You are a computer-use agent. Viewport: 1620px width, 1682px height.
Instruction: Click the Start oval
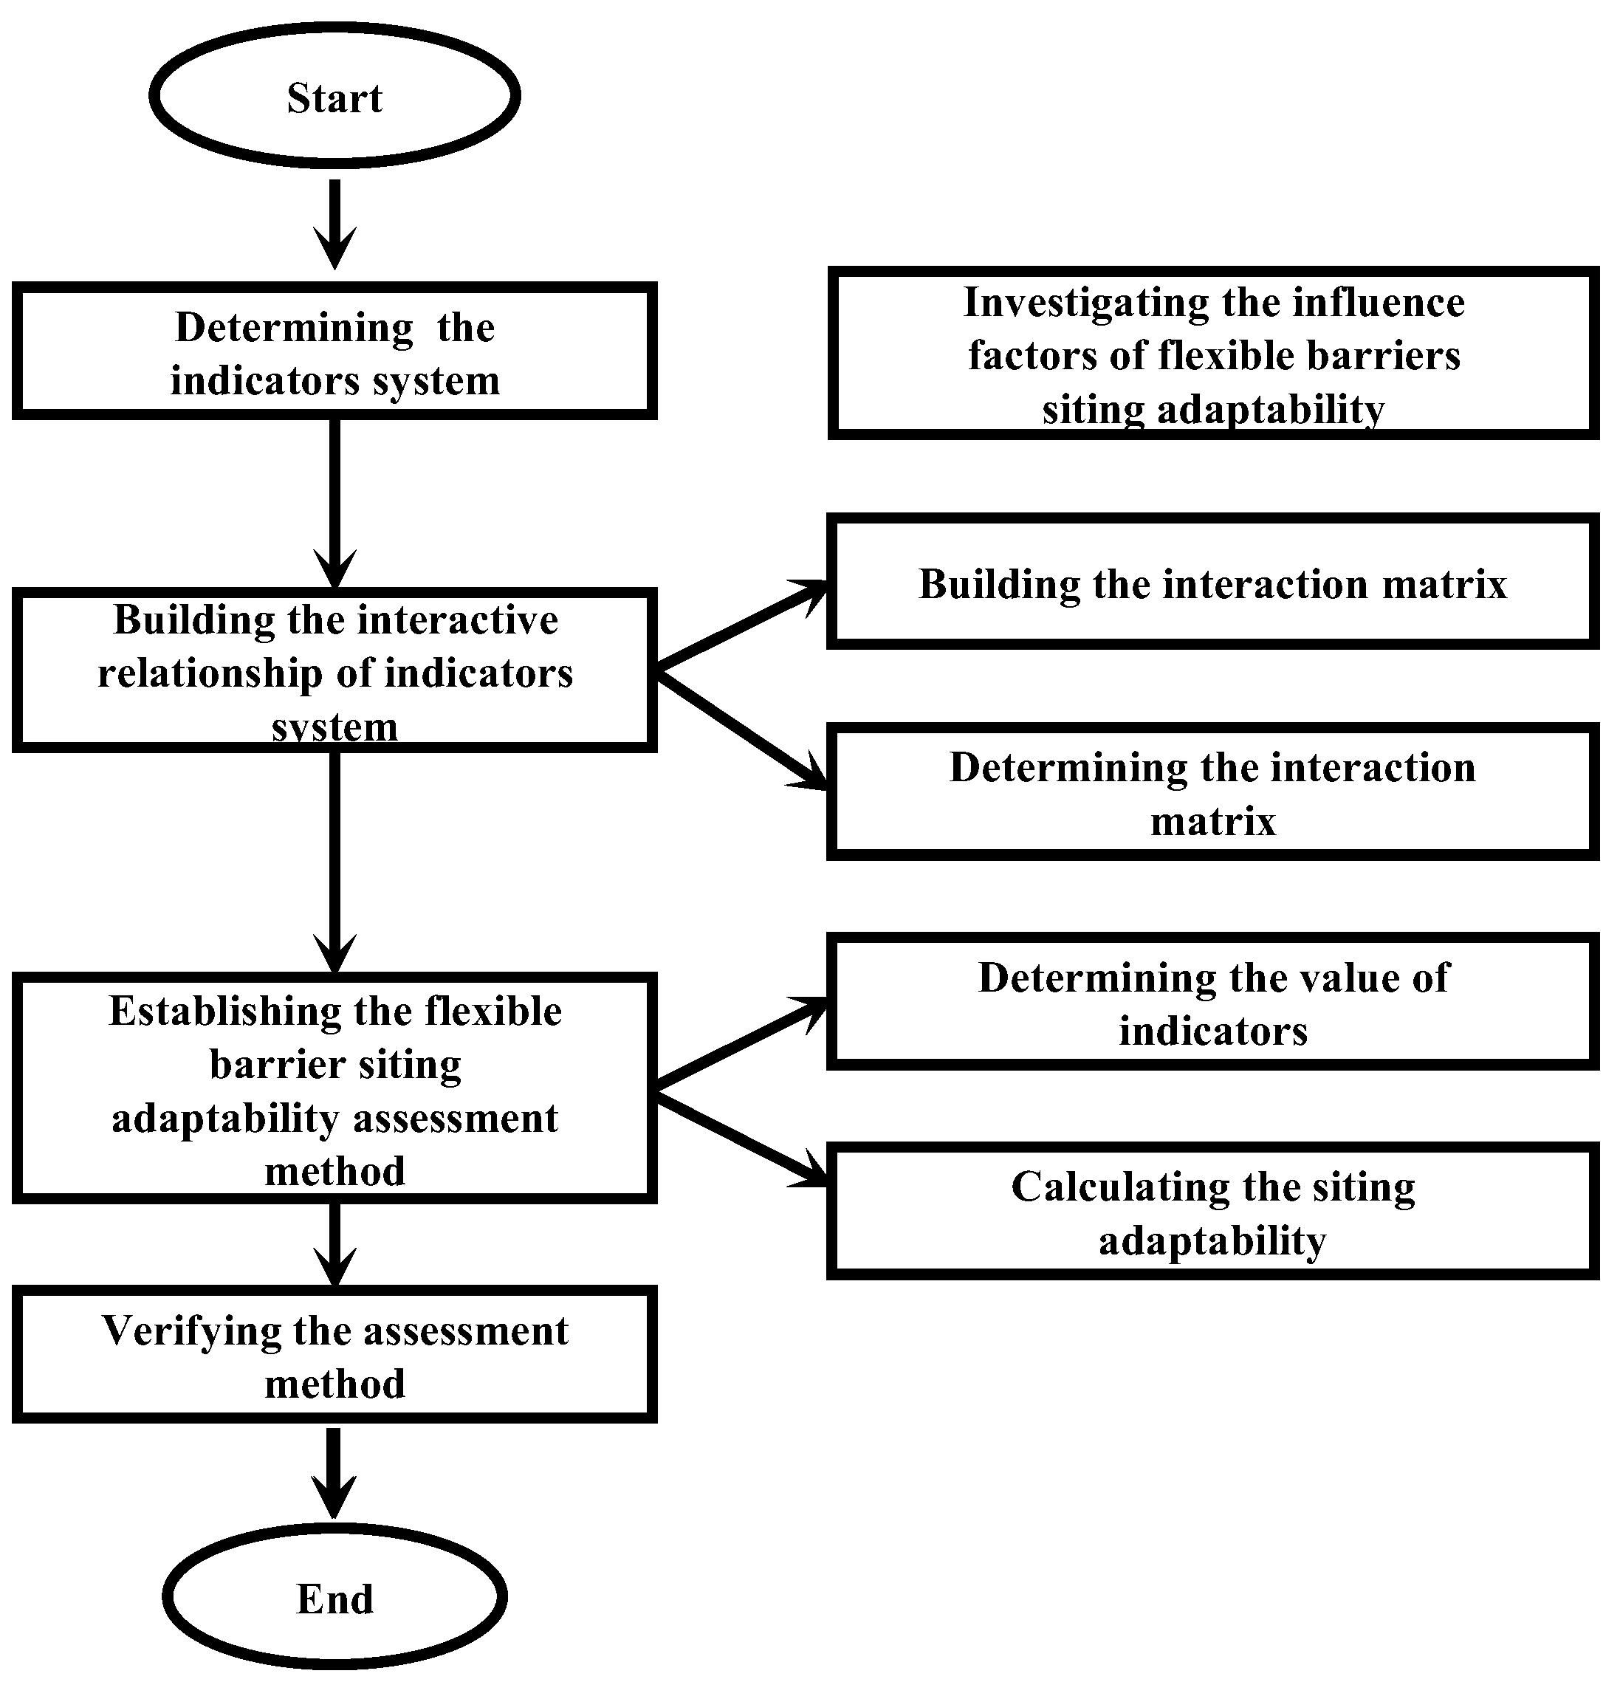click(x=334, y=95)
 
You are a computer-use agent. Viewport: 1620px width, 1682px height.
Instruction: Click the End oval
click(x=334, y=1598)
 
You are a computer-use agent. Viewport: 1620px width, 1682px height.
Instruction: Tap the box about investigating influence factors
click(x=1212, y=353)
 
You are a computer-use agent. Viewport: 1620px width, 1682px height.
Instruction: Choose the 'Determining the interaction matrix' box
click(x=1212, y=792)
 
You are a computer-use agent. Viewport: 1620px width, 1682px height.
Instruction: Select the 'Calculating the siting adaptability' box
click(x=1212, y=1212)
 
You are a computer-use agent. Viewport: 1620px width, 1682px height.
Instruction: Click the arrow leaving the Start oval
click(x=334, y=223)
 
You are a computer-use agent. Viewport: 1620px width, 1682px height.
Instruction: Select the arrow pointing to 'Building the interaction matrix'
click(x=742, y=626)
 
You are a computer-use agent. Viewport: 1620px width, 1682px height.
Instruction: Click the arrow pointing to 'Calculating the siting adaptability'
click(x=742, y=1142)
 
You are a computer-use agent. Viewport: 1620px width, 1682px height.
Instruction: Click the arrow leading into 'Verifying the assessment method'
click(x=334, y=1244)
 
